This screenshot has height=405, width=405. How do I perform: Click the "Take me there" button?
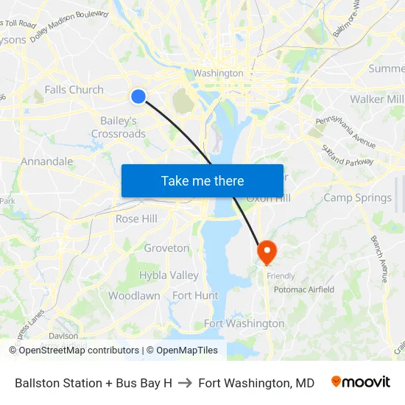click(x=202, y=180)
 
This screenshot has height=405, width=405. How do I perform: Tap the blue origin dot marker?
click(x=138, y=96)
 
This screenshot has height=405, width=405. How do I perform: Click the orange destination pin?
click(x=266, y=252)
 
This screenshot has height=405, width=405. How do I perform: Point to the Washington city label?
click(x=218, y=74)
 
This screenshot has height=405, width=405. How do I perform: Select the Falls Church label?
click(x=74, y=90)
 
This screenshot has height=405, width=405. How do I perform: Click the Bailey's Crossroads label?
click(x=119, y=127)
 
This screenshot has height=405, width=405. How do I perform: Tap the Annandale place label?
click(x=46, y=161)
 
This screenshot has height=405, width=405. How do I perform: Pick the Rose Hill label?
click(x=136, y=219)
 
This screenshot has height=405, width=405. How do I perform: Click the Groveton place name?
click(x=166, y=248)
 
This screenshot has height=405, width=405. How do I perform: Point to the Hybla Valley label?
click(x=169, y=275)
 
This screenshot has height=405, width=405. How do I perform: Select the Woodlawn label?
click(x=134, y=295)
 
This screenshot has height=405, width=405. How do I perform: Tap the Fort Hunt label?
click(x=195, y=295)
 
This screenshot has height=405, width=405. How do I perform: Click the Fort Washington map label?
click(x=244, y=323)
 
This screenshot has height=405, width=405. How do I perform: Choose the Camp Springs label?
click(x=358, y=197)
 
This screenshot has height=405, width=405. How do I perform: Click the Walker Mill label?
click(x=376, y=99)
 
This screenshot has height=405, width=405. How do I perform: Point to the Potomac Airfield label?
click(x=303, y=289)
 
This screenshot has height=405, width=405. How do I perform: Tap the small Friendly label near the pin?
click(x=281, y=276)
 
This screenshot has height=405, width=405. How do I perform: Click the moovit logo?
click(x=360, y=382)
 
